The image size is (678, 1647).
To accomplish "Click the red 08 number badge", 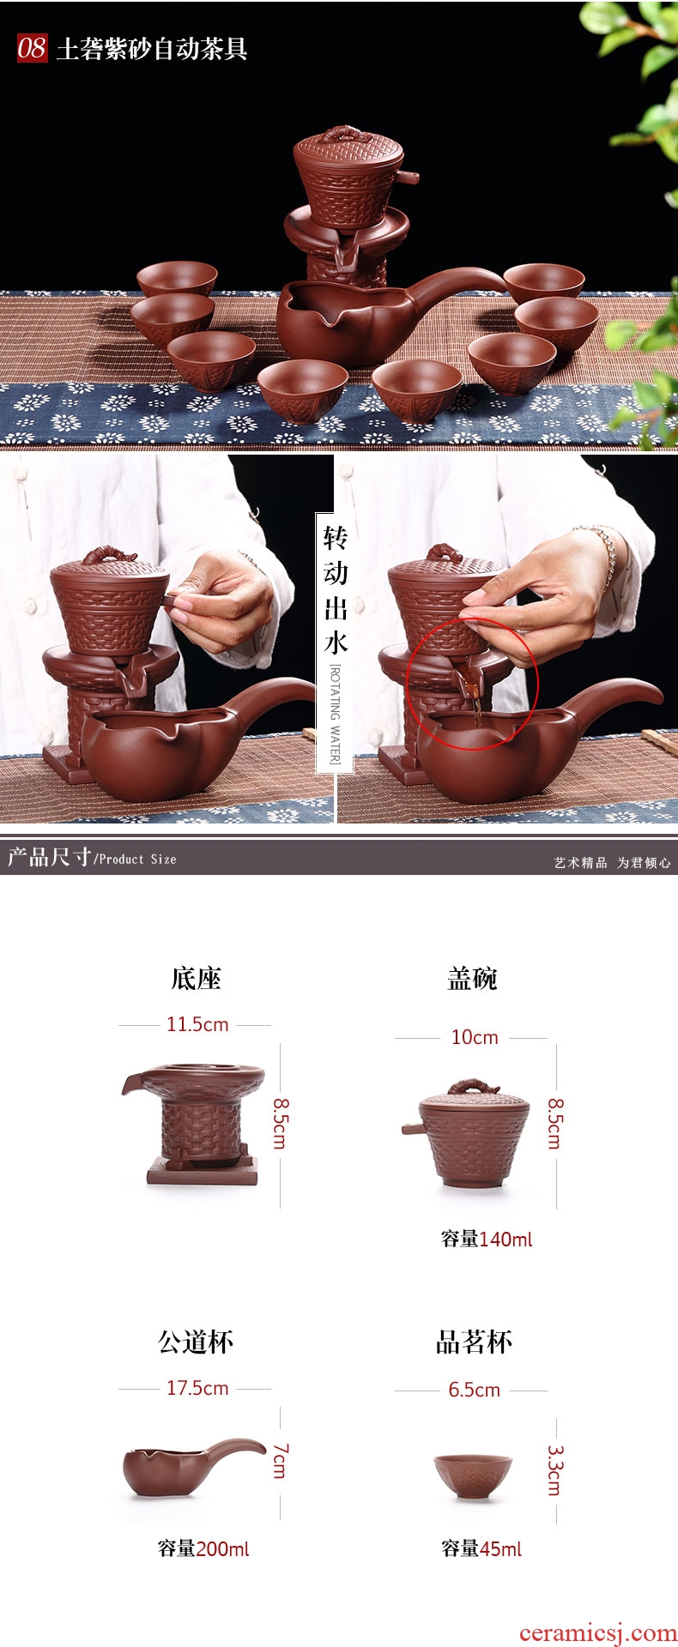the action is coord(32,47).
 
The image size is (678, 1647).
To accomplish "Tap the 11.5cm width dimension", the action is coord(197,1024).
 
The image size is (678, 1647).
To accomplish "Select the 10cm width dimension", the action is coord(475,1038).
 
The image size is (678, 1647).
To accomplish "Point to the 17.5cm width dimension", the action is coord(197,1388).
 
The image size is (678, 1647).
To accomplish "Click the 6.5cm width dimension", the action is coord(474,1390).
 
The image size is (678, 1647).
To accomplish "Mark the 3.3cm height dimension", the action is coord(555,1470).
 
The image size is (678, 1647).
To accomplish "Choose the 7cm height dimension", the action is coord(281,1460).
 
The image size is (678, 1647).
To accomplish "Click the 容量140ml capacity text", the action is coord(487,1239).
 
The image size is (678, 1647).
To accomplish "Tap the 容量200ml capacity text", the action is coord(203,1548).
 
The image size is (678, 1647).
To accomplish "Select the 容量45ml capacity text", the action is coord(481,1548).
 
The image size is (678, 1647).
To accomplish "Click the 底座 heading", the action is coord(197,979).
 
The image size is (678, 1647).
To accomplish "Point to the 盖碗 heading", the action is coord(472,979).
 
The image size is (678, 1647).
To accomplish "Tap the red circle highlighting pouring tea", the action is coord(471,684).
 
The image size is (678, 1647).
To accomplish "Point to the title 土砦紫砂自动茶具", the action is coord(152,49).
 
